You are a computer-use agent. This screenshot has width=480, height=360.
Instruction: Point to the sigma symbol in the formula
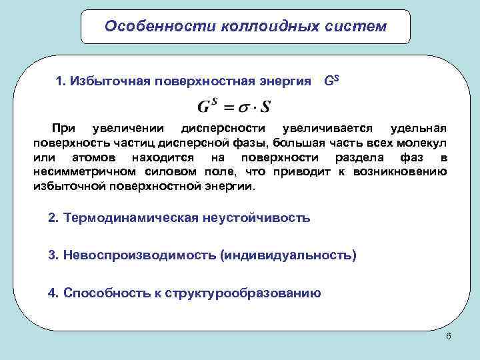[x=246, y=107]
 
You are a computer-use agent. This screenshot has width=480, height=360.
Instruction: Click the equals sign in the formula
[x=228, y=107]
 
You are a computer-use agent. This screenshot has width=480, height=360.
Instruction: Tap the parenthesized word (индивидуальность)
[x=289, y=255]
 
